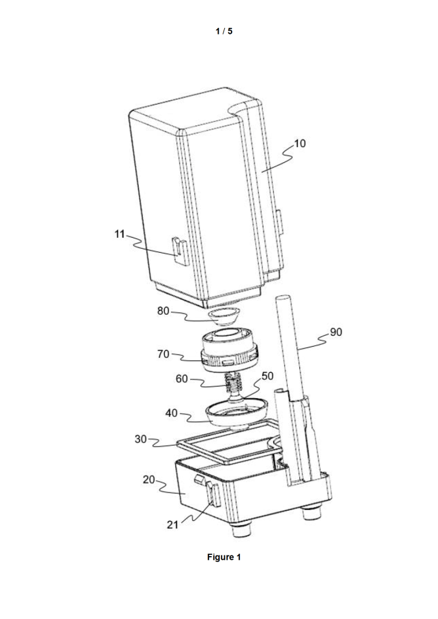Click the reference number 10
click(x=300, y=143)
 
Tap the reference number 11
click(x=119, y=234)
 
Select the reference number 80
click(x=163, y=311)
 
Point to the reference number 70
click(x=163, y=354)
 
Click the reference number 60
click(x=182, y=379)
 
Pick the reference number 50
click(x=268, y=376)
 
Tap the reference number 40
click(x=171, y=413)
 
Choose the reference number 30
click(x=141, y=439)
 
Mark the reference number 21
click(x=173, y=525)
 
